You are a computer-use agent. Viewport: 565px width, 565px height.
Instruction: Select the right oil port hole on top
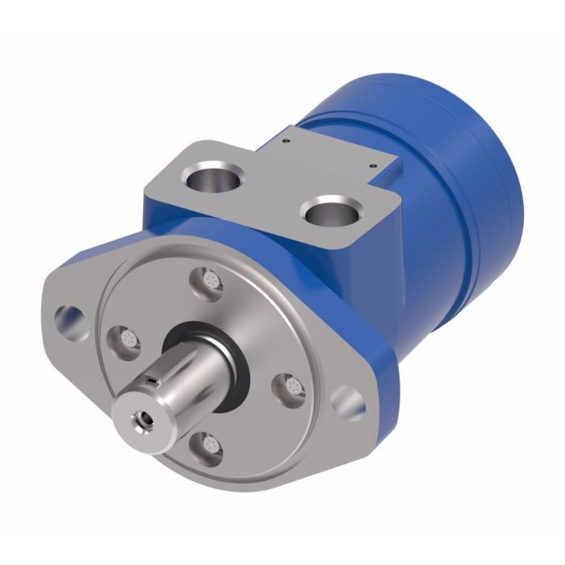[330, 212]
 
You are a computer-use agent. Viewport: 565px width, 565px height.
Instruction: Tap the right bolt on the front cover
[290, 388]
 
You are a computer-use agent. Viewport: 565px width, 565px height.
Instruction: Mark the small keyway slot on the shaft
[151, 378]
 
